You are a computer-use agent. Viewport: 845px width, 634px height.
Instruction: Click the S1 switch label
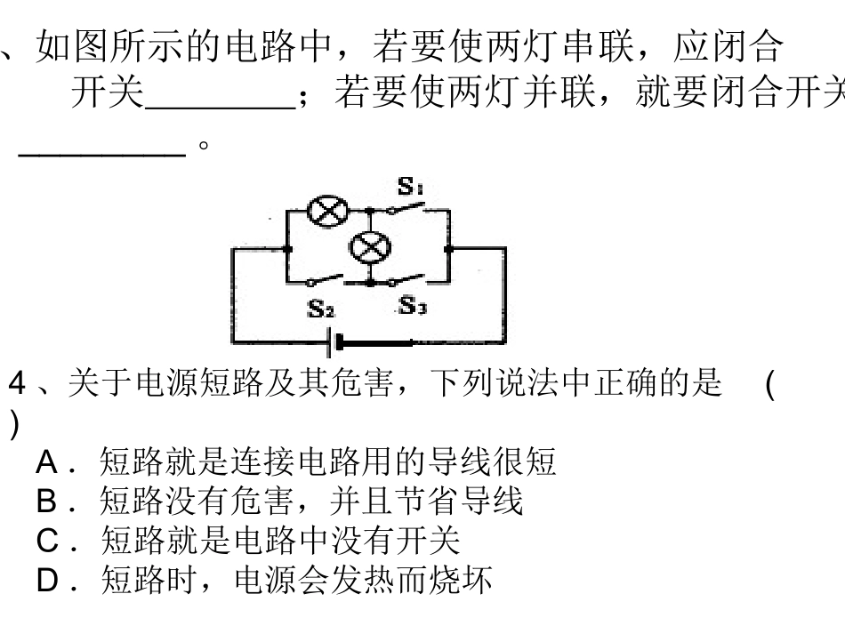click(410, 187)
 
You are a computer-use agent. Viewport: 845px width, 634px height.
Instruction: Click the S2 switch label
click(321, 309)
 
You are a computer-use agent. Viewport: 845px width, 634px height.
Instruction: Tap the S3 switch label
click(412, 306)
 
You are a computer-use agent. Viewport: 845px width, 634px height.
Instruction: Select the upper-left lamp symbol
click(322, 211)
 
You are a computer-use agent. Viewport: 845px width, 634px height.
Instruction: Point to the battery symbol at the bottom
click(333, 343)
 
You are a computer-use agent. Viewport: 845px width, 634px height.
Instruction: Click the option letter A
click(47, 462)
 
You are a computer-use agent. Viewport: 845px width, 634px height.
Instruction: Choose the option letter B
click(47, 502)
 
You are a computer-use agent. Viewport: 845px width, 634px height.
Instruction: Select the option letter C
click(48, 541)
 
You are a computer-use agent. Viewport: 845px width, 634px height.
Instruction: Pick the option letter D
click(48, 581)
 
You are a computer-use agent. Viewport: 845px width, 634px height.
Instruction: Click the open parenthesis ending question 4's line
click(769, 387)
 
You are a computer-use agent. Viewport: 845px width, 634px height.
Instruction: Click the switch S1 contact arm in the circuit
click(407, 207)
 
